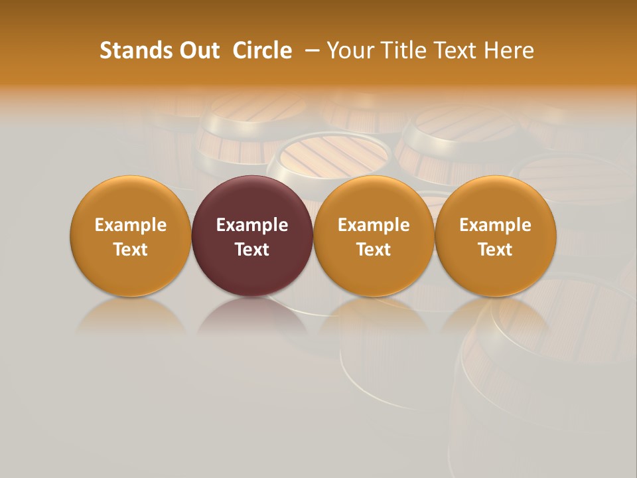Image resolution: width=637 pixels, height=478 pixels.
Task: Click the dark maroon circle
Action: [252, 199]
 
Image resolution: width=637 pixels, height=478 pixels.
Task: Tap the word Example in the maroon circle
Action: [252, 225]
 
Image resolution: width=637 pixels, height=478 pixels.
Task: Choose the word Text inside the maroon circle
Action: [252, 250]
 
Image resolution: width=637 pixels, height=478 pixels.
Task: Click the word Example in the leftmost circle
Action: [131, 225]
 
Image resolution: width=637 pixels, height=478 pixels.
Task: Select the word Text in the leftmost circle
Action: [131, 250]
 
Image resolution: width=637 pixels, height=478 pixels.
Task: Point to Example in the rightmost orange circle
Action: [495, 225]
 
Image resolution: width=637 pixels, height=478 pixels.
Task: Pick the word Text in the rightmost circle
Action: [495, 250]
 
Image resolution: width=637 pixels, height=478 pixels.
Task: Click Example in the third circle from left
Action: [374, 225]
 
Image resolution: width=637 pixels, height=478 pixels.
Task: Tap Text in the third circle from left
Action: [374, 250]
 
